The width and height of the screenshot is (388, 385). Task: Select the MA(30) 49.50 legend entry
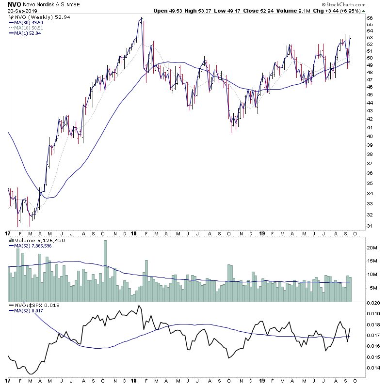point(30,22)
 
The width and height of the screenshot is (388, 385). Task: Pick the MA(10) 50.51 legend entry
point(30,28)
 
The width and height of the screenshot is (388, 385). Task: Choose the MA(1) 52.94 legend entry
point(29,33)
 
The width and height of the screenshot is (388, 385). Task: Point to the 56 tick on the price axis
point(369,18)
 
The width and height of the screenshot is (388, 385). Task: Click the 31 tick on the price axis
point(369,226)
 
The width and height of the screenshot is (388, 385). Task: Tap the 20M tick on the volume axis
point(371,247)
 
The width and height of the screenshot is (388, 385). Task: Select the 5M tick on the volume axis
point(371,288)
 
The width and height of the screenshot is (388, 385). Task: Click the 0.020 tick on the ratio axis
point(372,303)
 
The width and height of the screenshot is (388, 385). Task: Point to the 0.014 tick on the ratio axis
point(372,368)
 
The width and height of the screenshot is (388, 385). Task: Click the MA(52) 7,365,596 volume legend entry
point(33,246)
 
